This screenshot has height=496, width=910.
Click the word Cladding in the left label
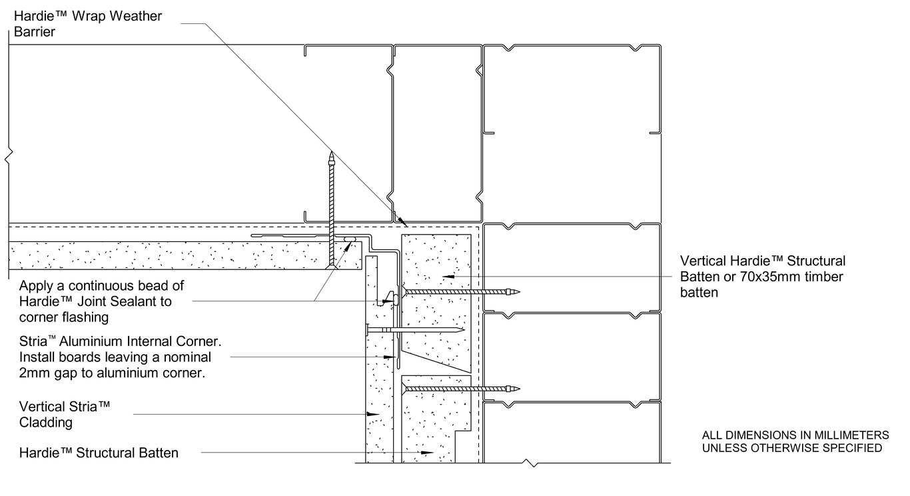[45, 423]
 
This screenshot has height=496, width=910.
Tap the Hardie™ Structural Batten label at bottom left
[99, 453]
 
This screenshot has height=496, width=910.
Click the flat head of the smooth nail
[366, 329]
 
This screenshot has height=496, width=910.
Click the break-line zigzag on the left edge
[8, 157]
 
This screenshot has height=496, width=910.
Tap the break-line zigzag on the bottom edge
[531, 463]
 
